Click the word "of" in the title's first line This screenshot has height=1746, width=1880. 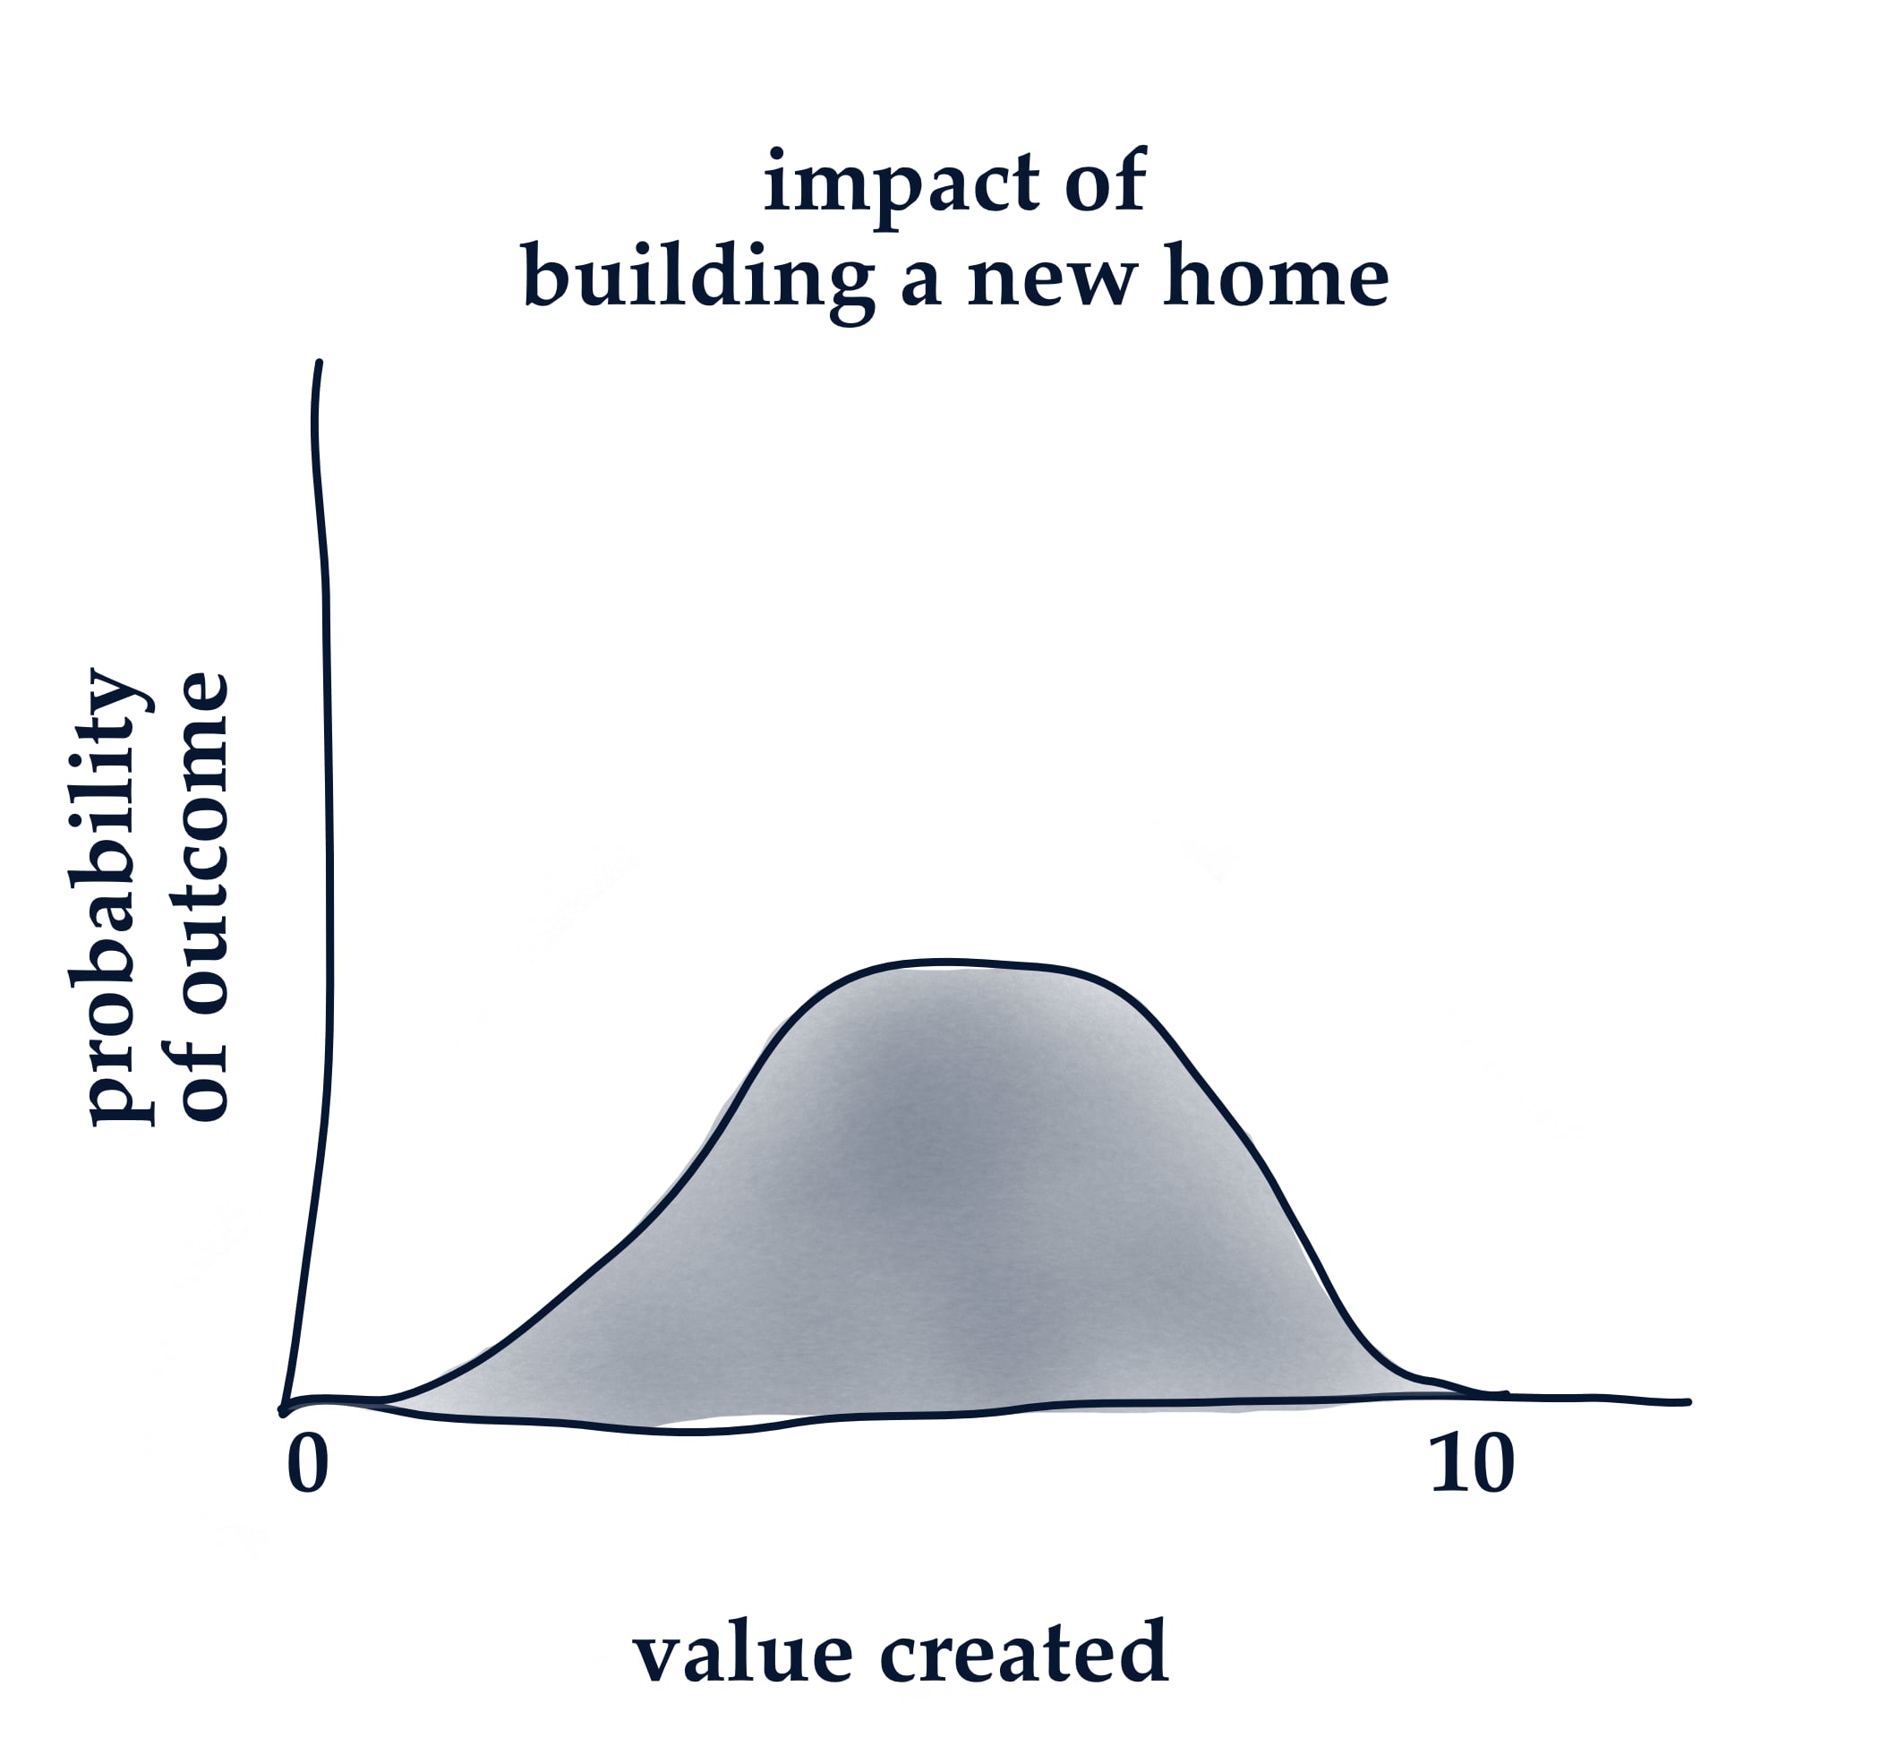click(x=1106, y=179)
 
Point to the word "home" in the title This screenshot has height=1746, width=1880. click(x=1276, y=276)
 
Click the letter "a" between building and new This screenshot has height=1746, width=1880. click(x=920, y=283)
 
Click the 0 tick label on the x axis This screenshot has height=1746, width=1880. click(x=308, y=1466)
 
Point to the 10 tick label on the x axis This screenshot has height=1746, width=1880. click(x=1472, y=1466)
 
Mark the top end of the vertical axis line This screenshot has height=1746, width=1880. click(x=320, y=363)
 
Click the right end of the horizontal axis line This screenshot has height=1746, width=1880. click(x=1688, y=1402)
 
